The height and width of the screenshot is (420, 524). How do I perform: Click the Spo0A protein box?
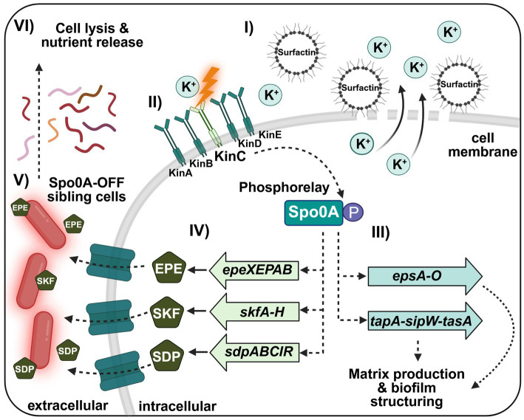pos(314,213)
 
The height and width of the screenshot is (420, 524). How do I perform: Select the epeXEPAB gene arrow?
pos(254,269)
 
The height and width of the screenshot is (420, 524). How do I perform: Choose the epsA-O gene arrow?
pos(425,276)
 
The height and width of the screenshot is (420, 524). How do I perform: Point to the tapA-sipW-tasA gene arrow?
pos(425,321)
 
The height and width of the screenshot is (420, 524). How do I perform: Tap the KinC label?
pos(231,156)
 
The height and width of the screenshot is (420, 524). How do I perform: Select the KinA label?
pos(180,173)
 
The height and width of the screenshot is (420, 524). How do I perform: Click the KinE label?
pos(270,134)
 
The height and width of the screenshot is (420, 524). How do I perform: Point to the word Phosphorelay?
pos(284,187)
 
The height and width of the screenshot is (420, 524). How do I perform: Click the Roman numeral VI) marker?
pos(24,27)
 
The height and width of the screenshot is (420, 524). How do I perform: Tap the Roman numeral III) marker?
pos(381,233)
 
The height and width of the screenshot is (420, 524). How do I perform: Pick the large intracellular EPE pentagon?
pos(169,268)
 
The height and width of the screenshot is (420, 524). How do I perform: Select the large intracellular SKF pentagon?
pos(166,312)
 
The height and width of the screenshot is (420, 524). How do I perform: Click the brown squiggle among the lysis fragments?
pos(90,94)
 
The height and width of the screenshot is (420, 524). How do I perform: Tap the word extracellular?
pos(67,405)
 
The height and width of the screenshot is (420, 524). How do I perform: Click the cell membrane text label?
pos(483,145)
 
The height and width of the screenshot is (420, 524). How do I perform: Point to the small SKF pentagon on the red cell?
pos(45,280)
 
